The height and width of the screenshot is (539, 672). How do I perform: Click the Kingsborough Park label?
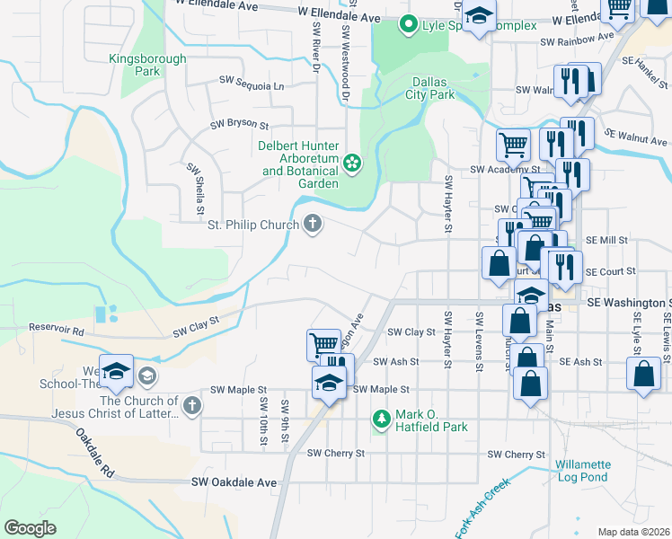click(x=147, y=66)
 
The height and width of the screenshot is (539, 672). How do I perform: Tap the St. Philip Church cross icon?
click(x=313, y=224)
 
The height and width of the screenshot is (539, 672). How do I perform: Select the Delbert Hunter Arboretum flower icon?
click(x=352, y=163)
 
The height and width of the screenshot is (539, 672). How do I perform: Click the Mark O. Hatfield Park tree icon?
click(x=382, y=419)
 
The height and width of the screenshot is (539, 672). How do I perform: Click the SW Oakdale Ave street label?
click(x=234, y=482)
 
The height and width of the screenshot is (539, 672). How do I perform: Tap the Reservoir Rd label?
click(x=56, y=330)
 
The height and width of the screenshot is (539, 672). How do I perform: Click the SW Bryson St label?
click(x=240, y=125)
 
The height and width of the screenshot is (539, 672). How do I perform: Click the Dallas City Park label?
click(x=429, y=87)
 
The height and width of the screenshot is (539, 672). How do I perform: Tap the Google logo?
click(x=31, y=528)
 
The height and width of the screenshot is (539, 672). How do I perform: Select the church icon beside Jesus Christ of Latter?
click(x=190, y=407)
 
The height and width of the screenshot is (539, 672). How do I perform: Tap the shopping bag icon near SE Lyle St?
click(x=644, y=375)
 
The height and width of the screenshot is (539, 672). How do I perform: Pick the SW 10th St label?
click(x=263, y=420)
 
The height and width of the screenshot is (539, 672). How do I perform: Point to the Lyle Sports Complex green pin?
click(x=410, y=24)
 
